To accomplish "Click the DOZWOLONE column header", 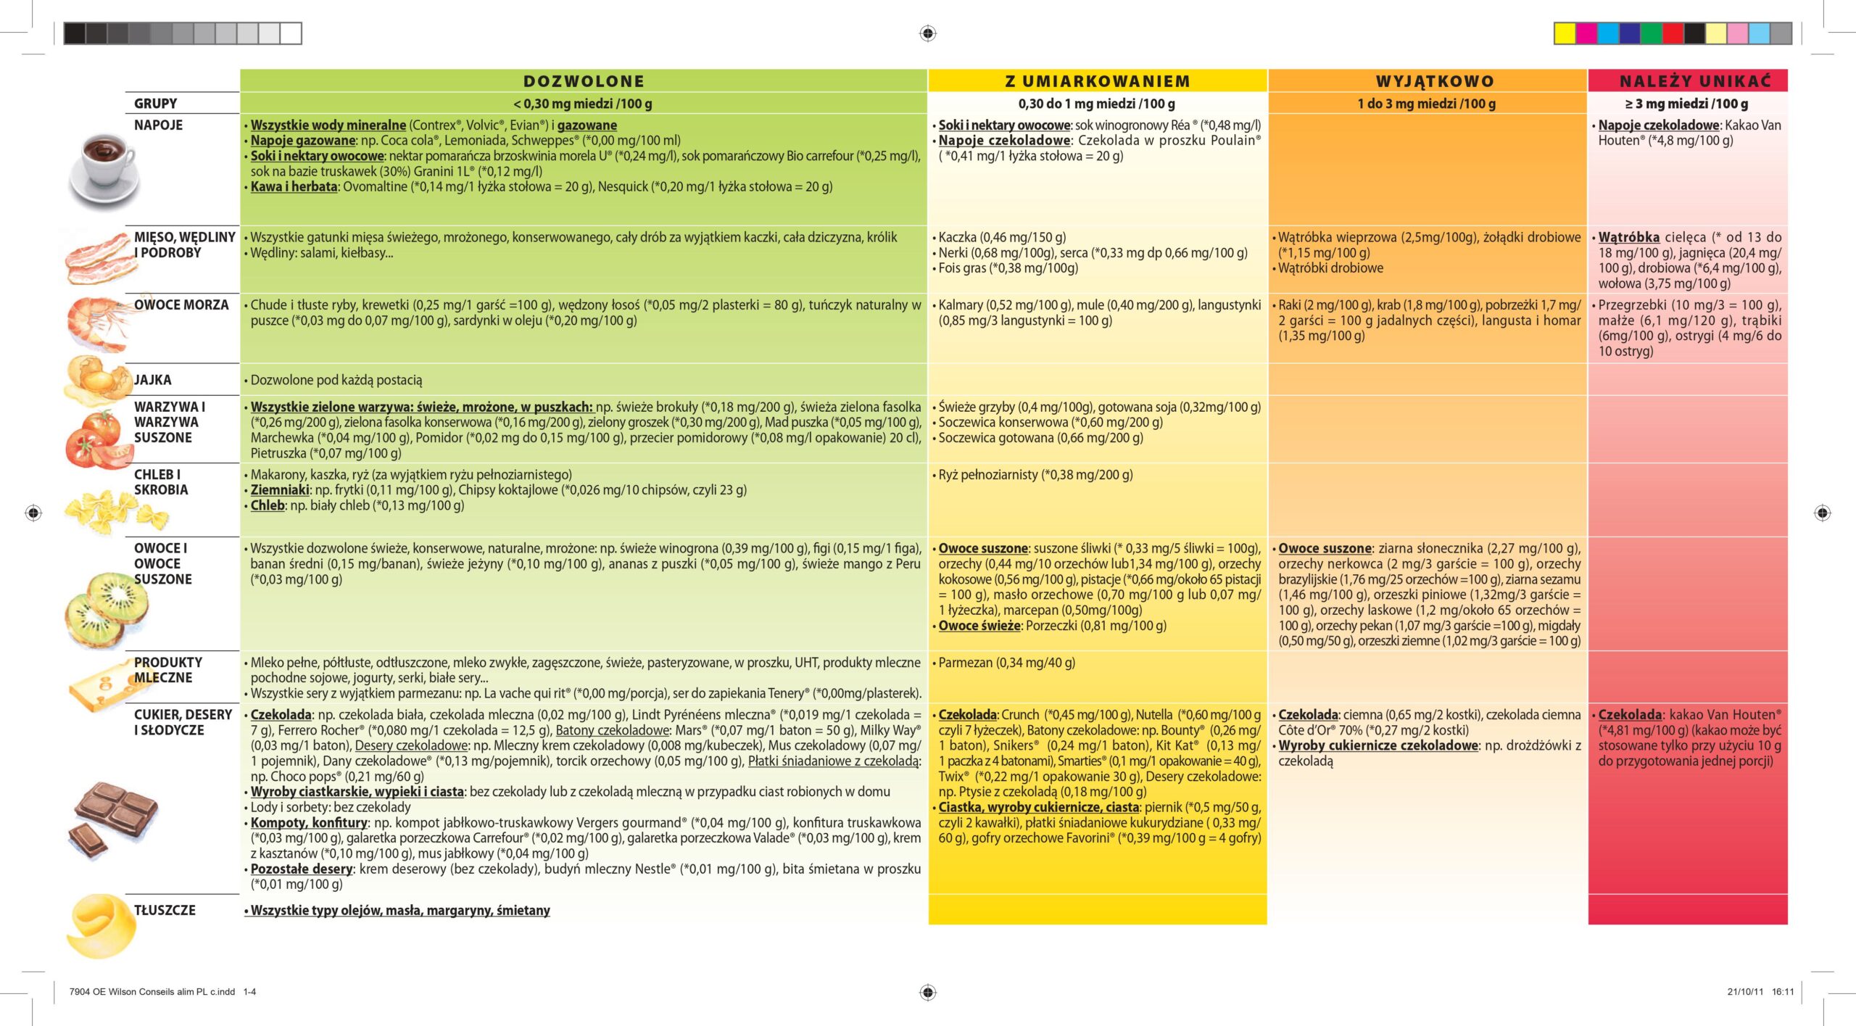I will [584, 81].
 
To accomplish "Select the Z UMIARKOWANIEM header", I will [1098, 81].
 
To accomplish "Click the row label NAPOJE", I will [158, 125].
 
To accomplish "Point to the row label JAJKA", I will [152, 380].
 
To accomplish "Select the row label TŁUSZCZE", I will [165, 910].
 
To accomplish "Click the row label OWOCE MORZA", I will [181, 305].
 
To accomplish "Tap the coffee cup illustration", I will [103, 171].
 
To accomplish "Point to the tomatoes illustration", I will [95, 439].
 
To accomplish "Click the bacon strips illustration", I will [101, 258].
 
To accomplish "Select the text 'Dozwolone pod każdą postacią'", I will [336, 380].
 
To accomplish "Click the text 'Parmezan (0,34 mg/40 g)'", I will [1006, 663].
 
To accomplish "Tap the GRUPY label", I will [155, 104].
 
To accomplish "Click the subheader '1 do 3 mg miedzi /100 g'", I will [1426, 104].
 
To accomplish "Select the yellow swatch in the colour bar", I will [1565, 33].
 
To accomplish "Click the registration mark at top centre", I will [928, 33].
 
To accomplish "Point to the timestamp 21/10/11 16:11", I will [1760, 992].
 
